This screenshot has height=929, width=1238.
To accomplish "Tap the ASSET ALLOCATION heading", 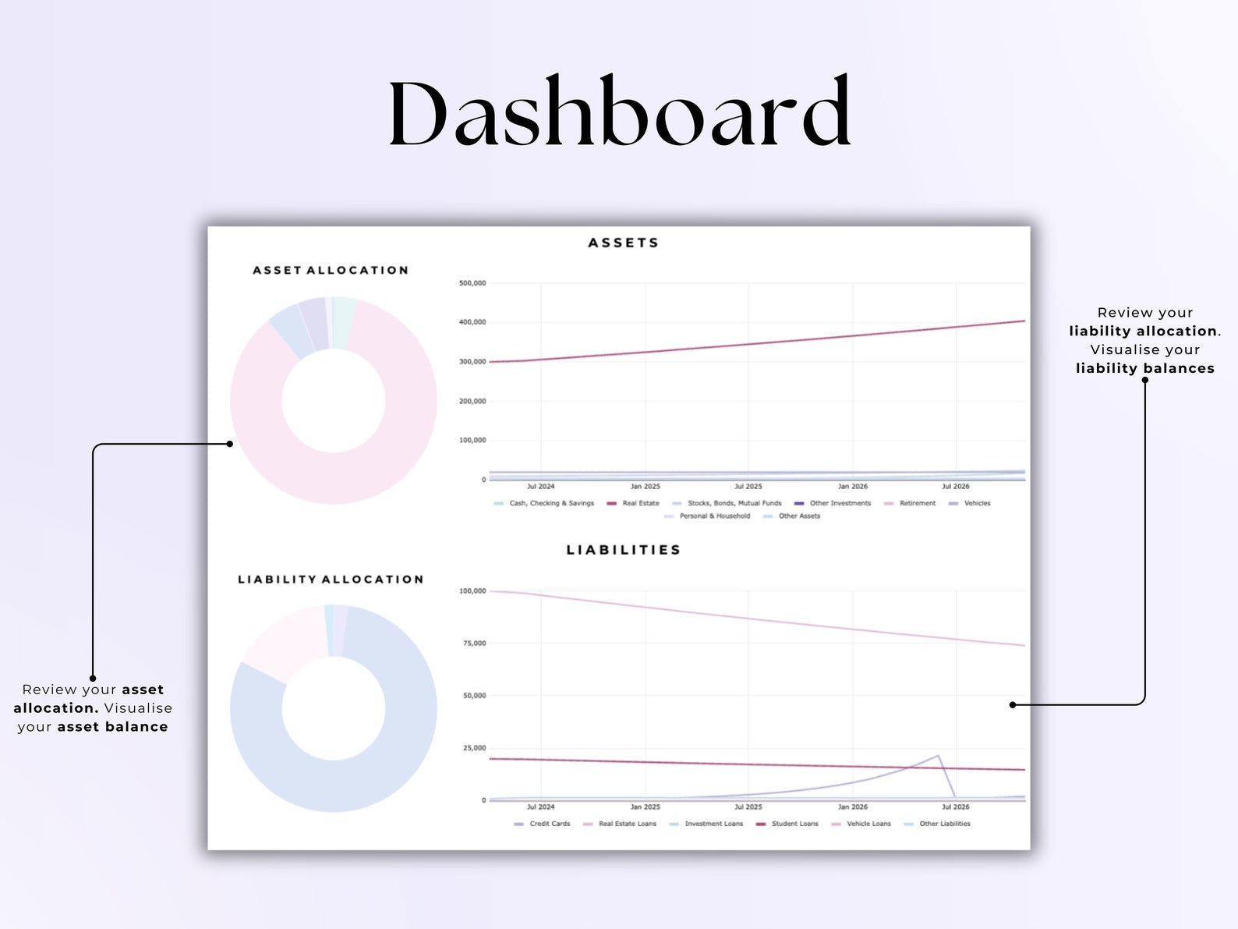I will tap(331, 271).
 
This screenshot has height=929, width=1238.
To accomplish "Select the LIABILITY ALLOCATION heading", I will tap(331, 580).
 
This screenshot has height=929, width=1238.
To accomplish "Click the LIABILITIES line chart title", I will tap(624, 550).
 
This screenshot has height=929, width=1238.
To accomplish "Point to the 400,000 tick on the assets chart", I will tap(472, 322).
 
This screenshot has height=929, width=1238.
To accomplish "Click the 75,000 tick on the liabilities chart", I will tap(474, 644).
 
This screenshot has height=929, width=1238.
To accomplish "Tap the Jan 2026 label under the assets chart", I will tap(852, 487).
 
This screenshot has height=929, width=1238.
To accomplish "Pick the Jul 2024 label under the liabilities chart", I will tap(540, 807).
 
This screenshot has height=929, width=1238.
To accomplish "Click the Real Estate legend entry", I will tap(640, 504).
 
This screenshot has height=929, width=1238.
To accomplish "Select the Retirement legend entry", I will tap(917, 504).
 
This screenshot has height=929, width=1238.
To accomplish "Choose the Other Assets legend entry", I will tap(799, 516).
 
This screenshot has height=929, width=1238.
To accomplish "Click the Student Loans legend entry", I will tap(794, 824).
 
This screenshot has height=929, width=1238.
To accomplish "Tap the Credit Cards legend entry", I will tap(550, 824).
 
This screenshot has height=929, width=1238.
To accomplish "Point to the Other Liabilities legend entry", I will tap(944, 824).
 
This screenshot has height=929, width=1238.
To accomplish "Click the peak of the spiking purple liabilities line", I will tap(938, 756).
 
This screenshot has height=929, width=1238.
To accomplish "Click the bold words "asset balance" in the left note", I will tap(112, 727).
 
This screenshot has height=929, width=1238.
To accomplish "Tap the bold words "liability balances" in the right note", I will tap(1144, 369).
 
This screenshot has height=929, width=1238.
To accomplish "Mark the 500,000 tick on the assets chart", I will tap(472, 283).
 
